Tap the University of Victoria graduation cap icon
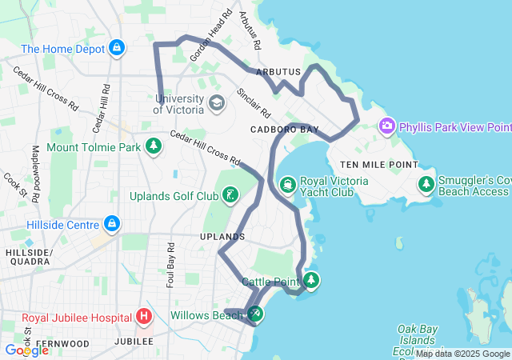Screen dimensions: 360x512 [216, 103]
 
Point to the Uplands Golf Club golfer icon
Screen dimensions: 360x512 [230, 196]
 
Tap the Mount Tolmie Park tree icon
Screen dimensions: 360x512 [153, 147]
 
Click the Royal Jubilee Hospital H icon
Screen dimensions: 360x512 [144, 316]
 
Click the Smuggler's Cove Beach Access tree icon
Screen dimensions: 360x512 [426, 185]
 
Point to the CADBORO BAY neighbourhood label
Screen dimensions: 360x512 [284, 129]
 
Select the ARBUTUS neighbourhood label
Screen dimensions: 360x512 [278, 72]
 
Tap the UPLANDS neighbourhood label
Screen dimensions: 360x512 [222, 237]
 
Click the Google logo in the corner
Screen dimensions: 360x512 [26, 350]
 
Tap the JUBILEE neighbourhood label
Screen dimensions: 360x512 [133, 342]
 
